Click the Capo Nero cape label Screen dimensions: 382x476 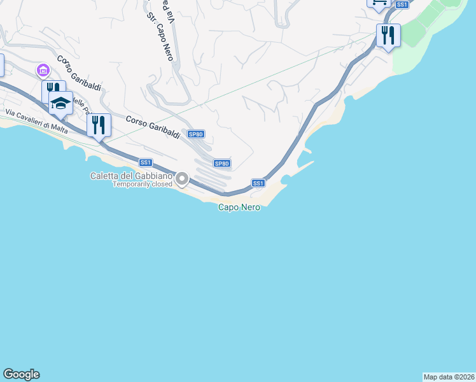[239, 207]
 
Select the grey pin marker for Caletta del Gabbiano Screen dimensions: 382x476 [182, 179]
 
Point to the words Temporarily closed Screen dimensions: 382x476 [143, 184]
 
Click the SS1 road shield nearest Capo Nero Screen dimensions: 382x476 [258, 183]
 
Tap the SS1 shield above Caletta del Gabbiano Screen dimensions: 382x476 [146, 163]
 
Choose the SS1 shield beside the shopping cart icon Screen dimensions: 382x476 [402, 4]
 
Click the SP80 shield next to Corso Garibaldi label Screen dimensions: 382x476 [196, 134]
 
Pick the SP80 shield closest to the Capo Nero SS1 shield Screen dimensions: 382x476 [221, 164]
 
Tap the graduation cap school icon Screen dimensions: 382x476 [60, 103]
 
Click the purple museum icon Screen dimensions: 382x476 [43, 69]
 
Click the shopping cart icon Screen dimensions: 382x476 [379, 3]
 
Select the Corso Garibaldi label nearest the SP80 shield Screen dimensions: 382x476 [153, 127]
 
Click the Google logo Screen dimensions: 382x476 [21, 374]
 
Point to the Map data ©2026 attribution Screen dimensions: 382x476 [449, 377]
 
